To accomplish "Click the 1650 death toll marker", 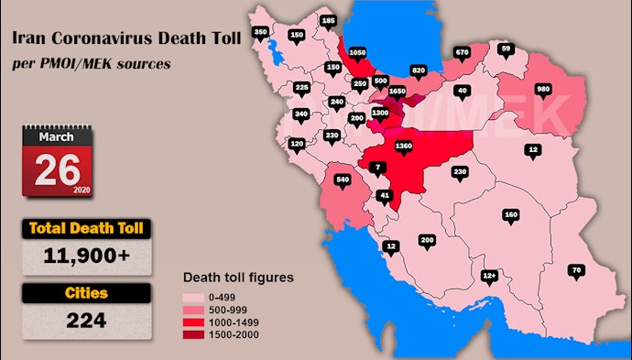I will pos(397,92).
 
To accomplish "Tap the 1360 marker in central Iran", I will pos(404,146).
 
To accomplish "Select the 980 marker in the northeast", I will pos(543,90).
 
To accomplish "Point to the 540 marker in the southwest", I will pos(343,180).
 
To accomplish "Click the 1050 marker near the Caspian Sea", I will pos(358,53).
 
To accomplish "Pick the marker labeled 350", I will pos(260,33).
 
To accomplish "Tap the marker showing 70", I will pos(575,270).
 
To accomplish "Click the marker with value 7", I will pos(379,166).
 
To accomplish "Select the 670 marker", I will pos(462,52).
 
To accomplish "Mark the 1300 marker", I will pos(380,113).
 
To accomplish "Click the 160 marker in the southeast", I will pos(510,215).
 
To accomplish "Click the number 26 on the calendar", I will pos(58,168).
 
